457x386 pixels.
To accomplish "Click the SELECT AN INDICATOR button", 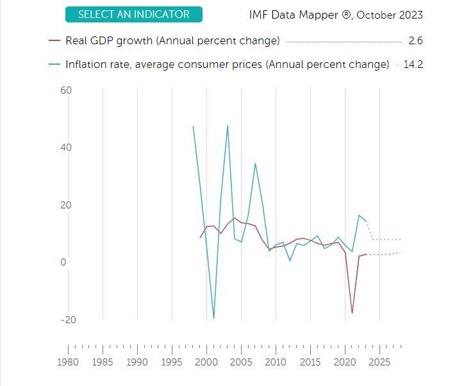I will tap(133, 14).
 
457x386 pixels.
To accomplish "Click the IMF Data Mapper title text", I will tap(336, 15).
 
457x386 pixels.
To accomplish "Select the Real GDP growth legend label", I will tap(172, 41).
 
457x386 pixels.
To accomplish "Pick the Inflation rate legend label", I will tap(227, 64).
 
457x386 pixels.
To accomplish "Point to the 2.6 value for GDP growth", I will tap(416, 41).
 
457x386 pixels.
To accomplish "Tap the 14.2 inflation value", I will tap(413, 64).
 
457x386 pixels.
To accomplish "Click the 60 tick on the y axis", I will tap(66, 90).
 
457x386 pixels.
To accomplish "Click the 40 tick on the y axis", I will tap(66, 147).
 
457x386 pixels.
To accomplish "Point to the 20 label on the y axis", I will tap(66, 205).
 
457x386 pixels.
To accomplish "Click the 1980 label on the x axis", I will tap(68, 362).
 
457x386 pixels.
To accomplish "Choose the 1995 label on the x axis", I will tap(172, 362).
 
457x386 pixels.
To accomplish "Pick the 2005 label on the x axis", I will tap(241, 362).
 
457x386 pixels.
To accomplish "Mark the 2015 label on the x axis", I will tap(310, 362).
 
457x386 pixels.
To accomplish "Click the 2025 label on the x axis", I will tap(379, 362).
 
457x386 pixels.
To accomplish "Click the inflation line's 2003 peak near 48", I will tap(228, 126).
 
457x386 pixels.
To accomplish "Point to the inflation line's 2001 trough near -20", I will tap(213, 318).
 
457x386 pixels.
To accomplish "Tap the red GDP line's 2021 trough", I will tap(352, 313).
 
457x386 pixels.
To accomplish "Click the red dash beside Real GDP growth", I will tap(54, 41).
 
